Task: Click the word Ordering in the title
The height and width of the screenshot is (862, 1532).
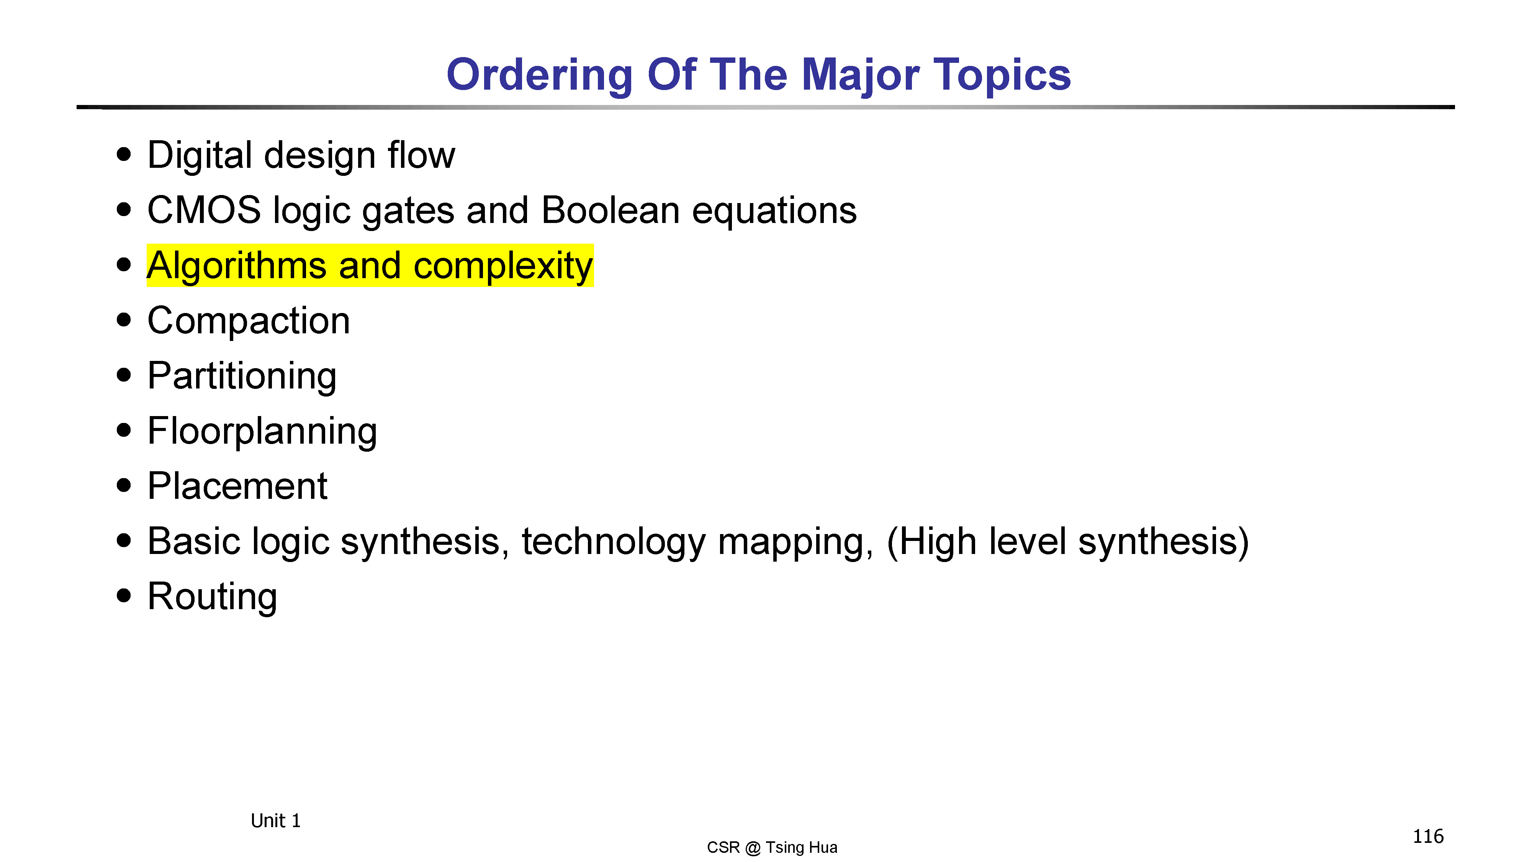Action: tap(539, 75)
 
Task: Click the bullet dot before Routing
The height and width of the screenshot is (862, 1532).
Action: tap(124, 595)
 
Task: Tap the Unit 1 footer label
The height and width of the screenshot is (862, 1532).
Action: tap(275, 821)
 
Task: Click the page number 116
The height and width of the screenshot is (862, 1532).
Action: tap(1428, 836)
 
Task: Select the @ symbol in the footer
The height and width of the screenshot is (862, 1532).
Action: tap(752, 848)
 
